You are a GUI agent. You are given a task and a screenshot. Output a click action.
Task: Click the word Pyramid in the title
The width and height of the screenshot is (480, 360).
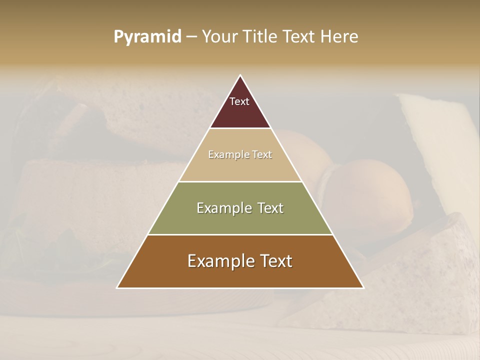(x=147, y=37)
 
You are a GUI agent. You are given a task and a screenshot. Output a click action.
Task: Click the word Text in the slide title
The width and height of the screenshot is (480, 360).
(x=300, y=37)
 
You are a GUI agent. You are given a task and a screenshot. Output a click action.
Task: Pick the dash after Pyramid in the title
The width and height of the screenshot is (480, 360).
(x=191, y=37)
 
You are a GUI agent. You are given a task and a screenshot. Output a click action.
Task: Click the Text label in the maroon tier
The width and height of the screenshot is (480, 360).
(x=239, y=101)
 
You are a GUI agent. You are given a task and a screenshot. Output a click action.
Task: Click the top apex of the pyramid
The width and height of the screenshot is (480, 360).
(x=240, y=75)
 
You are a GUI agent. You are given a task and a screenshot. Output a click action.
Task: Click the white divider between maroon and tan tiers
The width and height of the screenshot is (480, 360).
(x=240, y=128)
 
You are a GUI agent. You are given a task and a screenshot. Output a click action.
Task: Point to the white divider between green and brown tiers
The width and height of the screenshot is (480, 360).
(x=240, y=234)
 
